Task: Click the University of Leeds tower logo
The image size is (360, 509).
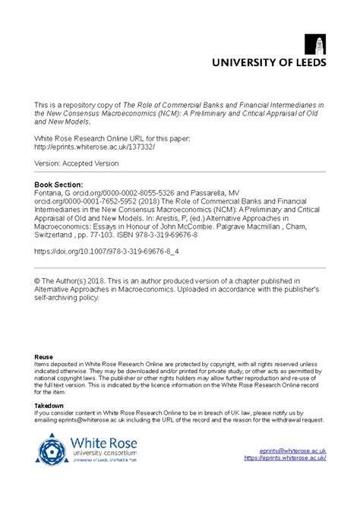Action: [314, 45]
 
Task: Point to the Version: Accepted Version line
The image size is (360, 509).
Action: [77, 163]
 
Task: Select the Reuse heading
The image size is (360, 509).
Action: [44, 356]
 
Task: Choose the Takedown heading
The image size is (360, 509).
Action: [50, 406]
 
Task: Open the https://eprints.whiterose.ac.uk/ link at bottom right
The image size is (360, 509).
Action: [285, 458]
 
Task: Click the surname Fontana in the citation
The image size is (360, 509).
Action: [50, 194]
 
